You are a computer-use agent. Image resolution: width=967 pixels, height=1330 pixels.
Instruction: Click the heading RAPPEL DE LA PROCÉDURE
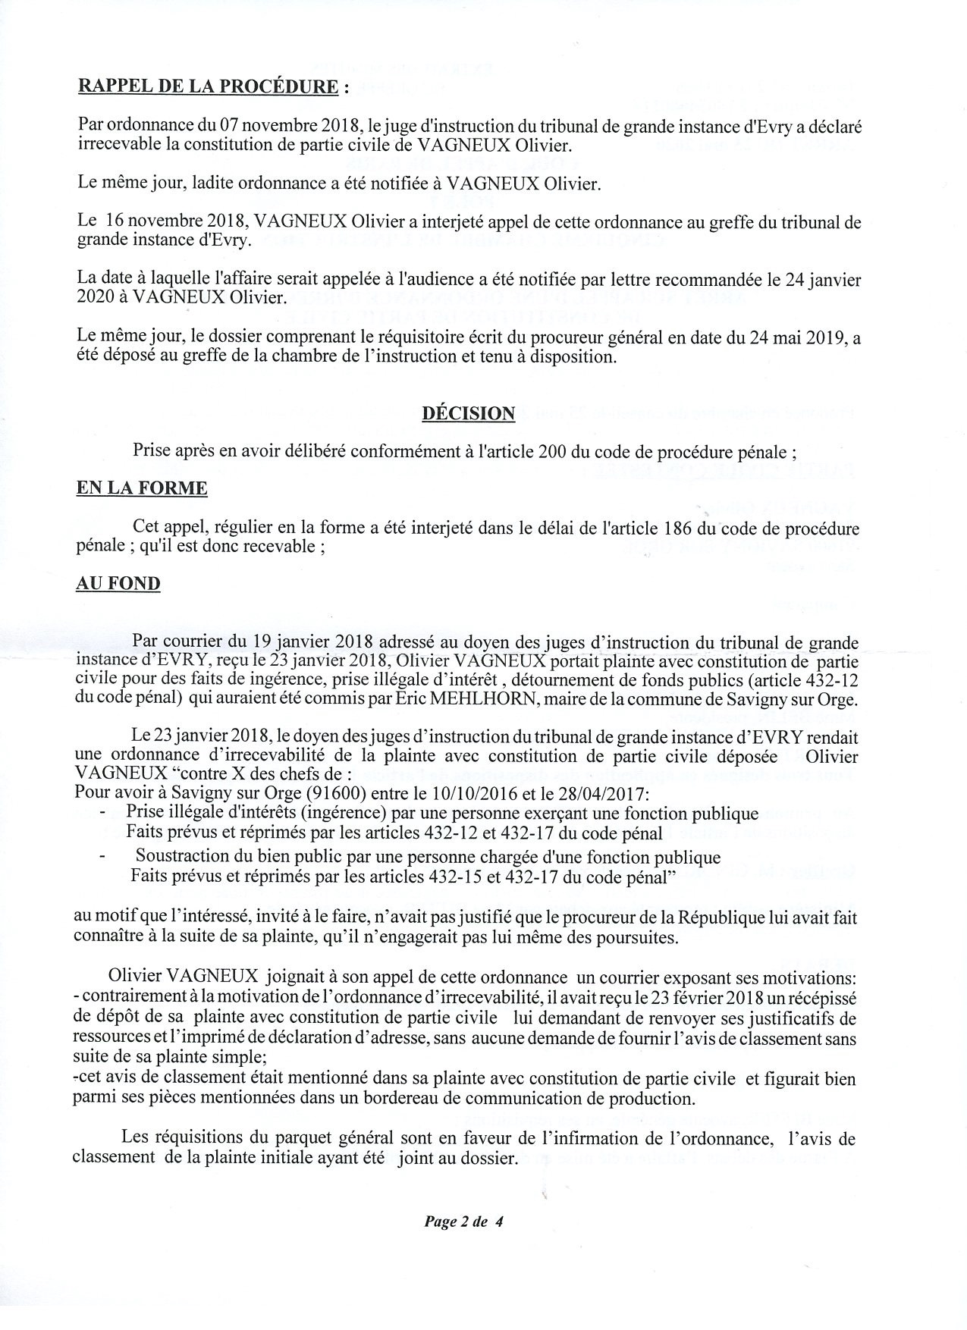click(208, 86)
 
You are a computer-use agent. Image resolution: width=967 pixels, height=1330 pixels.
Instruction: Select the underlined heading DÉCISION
click(468, 413)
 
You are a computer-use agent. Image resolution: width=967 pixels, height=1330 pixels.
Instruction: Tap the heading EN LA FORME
click(142, 488)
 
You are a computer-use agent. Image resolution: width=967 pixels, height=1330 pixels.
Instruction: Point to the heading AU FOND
click(118, 584)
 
